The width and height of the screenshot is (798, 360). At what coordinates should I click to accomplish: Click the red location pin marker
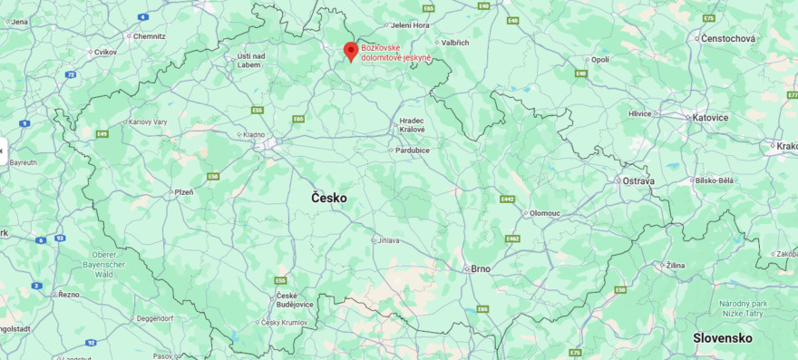pos(351,51)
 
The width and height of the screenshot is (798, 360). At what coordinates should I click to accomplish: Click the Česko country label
pos(328,198)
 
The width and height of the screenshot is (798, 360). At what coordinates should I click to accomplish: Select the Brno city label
pos(480,268)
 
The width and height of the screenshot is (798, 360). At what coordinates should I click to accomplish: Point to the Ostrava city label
pos(637,181)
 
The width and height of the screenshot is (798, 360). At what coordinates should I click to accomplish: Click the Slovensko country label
pos(723,337)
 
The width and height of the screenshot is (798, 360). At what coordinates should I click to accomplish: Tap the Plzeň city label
pos(183,192)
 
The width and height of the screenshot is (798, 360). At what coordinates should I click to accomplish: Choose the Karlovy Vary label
pos(147,122)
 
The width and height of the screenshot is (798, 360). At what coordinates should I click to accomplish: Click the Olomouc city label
pos(545,213)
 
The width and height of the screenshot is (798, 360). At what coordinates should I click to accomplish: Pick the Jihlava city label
pos(387,240)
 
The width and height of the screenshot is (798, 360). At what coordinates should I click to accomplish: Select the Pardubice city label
pos(413,150)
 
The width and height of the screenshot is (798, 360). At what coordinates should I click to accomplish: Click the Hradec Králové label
pos(412,124)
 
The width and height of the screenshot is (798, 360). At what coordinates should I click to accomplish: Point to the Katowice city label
pos(710,118)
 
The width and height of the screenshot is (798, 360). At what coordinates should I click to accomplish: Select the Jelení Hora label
pos(410,25)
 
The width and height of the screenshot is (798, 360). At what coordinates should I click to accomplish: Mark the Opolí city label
pos(599,59)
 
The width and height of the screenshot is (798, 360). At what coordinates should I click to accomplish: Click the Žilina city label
pos(675,265)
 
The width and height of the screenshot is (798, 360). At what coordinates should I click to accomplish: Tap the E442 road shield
pos(507,199)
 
